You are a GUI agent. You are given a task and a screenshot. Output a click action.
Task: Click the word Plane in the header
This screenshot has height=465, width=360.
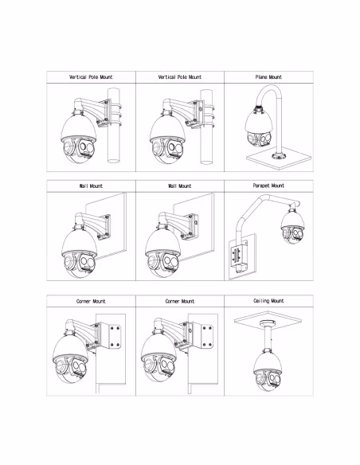point(261,77)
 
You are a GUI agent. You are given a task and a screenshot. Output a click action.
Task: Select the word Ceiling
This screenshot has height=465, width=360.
point(261,301)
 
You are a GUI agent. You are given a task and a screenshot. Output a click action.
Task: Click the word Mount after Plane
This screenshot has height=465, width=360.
point(276,77)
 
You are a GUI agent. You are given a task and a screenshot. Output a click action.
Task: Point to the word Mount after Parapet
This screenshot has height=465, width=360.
point(277,186)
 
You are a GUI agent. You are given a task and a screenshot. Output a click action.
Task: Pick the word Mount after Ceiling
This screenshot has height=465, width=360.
point(277,301)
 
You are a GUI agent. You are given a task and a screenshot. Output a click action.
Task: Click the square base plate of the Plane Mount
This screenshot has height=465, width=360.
point(279,160)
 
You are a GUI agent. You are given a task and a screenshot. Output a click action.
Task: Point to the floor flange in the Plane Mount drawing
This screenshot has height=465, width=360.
point(279,156)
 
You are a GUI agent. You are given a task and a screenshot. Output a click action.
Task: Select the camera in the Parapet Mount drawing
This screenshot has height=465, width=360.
point(293,225)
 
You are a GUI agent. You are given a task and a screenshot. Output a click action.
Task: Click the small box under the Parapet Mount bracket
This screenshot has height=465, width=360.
point(241,268)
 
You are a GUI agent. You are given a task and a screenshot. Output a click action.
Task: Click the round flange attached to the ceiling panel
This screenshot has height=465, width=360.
point(268,323)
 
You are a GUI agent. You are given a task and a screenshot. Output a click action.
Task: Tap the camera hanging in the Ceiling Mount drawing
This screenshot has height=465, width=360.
point(268,371)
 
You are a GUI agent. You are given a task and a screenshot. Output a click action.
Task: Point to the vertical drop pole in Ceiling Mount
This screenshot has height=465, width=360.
point(268,338)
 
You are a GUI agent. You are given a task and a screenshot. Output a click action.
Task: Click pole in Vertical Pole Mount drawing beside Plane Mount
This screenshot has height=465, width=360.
point(206,127)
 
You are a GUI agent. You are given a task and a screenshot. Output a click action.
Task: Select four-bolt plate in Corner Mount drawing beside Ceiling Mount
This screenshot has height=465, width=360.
point(206,336)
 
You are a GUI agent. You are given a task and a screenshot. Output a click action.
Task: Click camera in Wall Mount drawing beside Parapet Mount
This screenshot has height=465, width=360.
point(163,252)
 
